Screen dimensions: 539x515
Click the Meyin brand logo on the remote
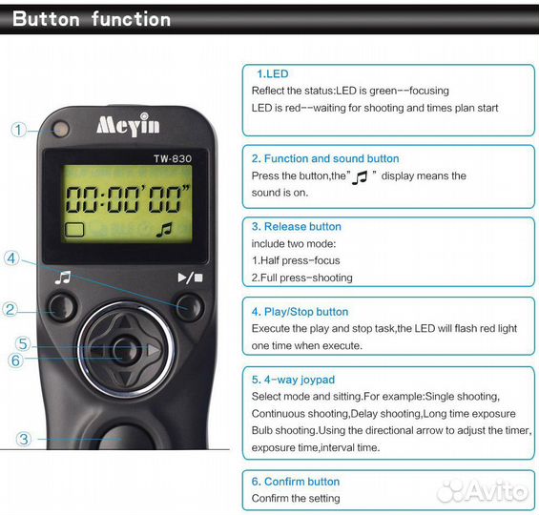128,124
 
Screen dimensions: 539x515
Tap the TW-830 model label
173,158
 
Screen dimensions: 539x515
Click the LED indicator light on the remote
61,130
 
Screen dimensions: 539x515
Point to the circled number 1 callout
18,130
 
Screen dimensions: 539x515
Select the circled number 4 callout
11,258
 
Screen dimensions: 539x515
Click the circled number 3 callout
24,439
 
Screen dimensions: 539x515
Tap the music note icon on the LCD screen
164,230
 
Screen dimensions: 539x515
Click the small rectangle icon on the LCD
74,230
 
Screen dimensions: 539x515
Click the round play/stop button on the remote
190,307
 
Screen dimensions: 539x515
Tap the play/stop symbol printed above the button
190,278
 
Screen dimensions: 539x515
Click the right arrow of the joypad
153,350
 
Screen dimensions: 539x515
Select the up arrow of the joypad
124,322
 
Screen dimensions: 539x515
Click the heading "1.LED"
273,73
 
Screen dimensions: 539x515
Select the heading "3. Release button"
297,226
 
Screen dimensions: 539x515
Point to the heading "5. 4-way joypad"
293,380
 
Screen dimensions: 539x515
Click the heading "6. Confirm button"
296,482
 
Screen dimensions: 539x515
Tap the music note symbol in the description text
360,177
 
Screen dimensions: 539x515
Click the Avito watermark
483,490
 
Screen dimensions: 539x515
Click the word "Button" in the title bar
46,19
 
